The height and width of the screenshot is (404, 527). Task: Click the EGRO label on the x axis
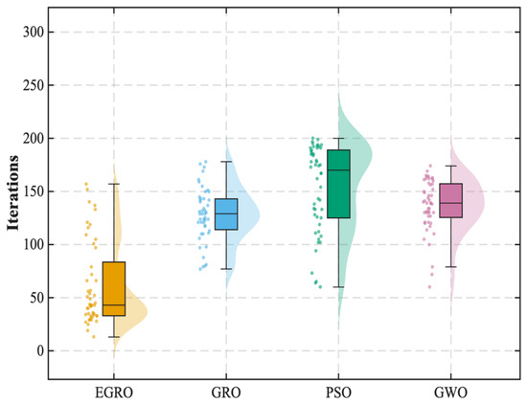pos(114,393)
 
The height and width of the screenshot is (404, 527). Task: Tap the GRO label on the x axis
pos(226,393)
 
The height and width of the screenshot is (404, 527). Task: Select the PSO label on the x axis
pos(338,393)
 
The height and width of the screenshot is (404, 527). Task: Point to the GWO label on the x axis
pos(450,393)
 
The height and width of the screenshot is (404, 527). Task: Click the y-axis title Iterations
pos(13,192)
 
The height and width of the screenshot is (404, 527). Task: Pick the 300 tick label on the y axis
pos(34,33)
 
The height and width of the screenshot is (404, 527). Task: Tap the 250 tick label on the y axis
pos(34,85)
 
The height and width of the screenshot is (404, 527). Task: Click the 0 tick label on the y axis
pos(40,351)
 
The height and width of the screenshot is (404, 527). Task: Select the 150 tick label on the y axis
pos(34,191)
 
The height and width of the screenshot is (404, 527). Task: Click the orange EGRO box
pos(114,289)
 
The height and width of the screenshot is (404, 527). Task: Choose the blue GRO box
pos(226,214)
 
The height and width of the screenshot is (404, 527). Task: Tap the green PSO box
pos(338,184)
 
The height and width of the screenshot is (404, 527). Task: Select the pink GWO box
pos(450,201)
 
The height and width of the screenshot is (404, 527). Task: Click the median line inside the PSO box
pos(338,170)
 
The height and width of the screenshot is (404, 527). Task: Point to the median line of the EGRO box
pos(114,305)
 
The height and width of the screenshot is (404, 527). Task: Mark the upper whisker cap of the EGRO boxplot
pos(114,184)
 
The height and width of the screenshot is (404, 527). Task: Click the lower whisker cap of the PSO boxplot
pos(338,287)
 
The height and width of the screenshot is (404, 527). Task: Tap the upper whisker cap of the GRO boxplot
pos(226,162)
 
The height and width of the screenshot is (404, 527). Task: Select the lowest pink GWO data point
pos(429,287)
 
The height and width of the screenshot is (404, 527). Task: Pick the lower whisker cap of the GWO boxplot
pos(450,267)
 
